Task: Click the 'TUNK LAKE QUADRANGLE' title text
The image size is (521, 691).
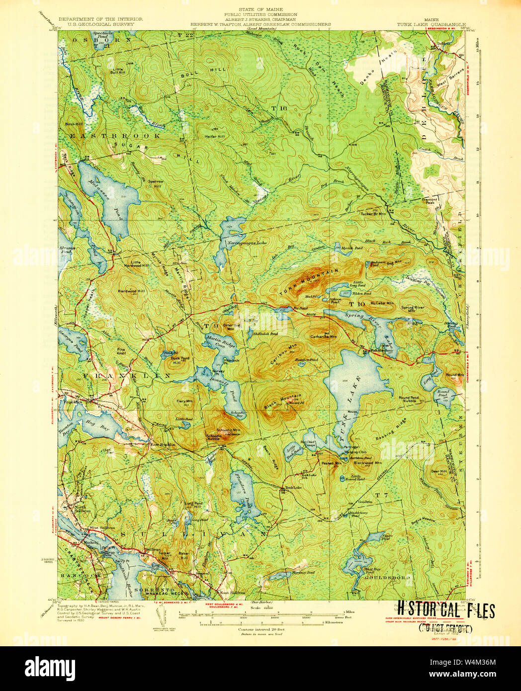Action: click(431, 24)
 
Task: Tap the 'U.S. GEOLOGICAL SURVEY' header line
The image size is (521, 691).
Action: click(100, 24)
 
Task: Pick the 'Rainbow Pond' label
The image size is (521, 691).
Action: click(306, 359)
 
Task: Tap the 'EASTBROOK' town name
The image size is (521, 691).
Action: click(115, 135)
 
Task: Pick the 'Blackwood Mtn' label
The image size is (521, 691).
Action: click(367, 462)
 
